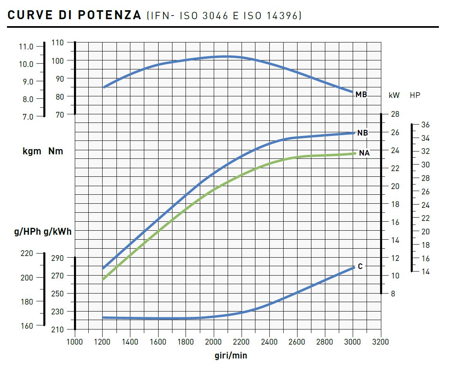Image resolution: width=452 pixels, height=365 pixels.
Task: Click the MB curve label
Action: [361, 95]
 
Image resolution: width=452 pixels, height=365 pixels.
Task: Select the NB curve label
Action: [362, 133]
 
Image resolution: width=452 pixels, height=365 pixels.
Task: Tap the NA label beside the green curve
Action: [364, 154]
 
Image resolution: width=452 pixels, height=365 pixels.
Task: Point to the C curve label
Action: [360, 267]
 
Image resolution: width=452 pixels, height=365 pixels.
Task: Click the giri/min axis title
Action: [231, 355]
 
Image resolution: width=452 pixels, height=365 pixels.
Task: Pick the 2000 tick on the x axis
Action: [214, 341]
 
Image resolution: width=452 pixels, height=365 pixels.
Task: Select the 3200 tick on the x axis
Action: [380, 341]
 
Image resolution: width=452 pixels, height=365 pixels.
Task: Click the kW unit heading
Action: [394, 95]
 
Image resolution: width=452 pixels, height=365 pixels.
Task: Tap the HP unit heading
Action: [415, 95]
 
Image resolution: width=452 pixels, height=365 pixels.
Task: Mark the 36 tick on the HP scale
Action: [425, 125]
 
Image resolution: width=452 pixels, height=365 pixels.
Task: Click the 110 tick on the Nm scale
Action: [58, 42]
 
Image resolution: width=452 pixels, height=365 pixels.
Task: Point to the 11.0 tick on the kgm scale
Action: [26, 47]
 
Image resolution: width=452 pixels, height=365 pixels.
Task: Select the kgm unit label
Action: [32, 151]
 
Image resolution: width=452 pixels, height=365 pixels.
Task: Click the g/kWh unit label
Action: [58, 232]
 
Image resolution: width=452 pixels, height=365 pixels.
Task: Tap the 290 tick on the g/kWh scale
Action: [58, 258]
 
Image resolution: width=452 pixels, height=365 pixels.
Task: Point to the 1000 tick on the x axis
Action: [75, 341]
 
